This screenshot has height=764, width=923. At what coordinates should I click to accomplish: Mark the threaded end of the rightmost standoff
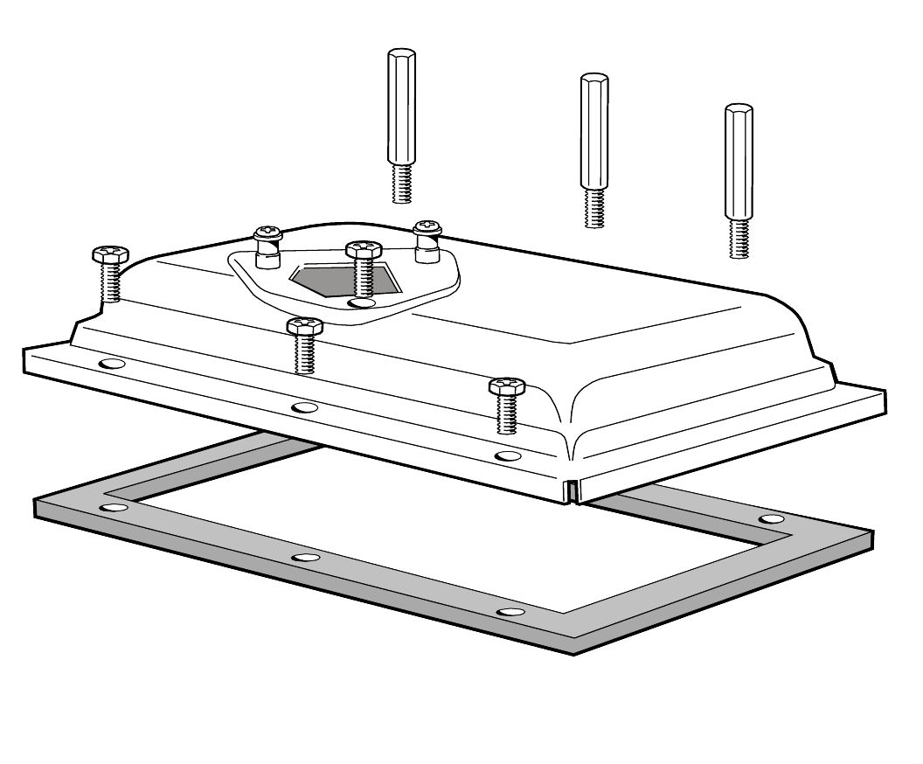[x=739, y=239]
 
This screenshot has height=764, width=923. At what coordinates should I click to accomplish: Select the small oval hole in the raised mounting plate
[x=358, y=302]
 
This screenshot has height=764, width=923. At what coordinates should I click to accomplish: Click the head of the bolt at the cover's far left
[x=110, y=254]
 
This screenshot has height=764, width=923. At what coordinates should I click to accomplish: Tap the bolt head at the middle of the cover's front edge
[x=304, y=326]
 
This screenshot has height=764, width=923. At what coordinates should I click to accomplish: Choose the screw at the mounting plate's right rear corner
[x=427, y=229]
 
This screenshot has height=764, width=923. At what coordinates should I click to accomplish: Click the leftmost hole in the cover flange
[x=111, y=363]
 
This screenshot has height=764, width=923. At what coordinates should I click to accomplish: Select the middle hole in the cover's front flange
[x=304, y=407]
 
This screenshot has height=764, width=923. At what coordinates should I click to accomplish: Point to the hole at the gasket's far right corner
[x=771, y=519]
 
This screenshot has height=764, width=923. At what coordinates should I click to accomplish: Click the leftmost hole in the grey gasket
[x=111, y=508]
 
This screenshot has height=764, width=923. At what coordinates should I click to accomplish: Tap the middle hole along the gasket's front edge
[x=304, y=558]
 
